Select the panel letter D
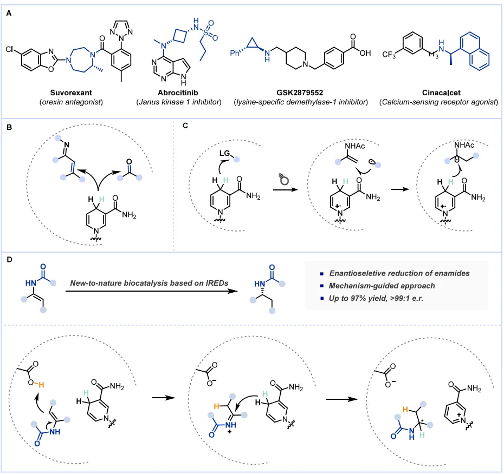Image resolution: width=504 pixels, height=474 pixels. point(9,260)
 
